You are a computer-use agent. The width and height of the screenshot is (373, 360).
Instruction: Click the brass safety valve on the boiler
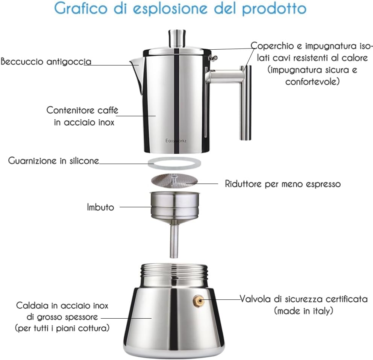point(197,299)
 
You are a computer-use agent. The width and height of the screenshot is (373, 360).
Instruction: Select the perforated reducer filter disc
point(173,180)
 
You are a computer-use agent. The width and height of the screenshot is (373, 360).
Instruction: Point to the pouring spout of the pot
point(135,66)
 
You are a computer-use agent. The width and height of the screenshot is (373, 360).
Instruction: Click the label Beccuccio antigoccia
point(46,61)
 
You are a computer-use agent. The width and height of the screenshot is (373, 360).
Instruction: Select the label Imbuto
point(100,207)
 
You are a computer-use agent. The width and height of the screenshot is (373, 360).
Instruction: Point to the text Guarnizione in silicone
point(53,161)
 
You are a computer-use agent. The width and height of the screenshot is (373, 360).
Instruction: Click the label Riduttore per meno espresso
point(283,184)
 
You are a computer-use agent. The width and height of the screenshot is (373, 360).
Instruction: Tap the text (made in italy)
point(304,311)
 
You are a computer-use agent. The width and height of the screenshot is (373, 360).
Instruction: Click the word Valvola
point(256,299)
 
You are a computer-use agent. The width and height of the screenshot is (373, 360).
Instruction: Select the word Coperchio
point(276,46)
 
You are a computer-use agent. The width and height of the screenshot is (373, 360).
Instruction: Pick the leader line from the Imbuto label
point(136,207)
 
